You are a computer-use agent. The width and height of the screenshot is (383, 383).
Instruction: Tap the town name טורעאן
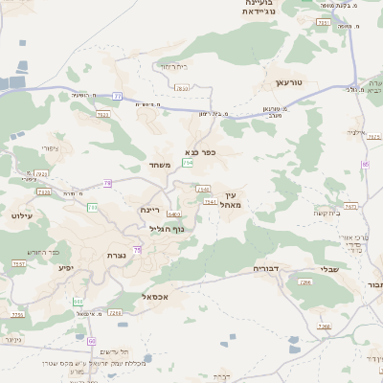click(288, 84)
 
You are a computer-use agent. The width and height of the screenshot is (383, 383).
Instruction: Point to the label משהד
click(160, 166)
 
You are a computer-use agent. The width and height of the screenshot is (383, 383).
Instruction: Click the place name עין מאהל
click(228, 199)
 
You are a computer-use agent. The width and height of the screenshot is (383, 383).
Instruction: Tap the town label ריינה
click(150, 210)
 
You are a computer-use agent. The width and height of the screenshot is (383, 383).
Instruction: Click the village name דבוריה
click(264, 268)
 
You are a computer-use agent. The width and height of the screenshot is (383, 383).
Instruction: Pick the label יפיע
click(65, 267)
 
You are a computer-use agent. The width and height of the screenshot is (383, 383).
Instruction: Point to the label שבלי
click(330, 268)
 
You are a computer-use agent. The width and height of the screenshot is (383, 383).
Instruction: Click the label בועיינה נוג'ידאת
click(260, 8)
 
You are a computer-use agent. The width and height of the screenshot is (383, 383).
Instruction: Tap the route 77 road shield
click(117, 96)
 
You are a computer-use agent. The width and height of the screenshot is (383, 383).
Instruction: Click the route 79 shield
click(108, 182)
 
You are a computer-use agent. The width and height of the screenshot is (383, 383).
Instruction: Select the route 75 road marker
click(137, 249)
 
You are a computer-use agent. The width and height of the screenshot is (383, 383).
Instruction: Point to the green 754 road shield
click(190, 165)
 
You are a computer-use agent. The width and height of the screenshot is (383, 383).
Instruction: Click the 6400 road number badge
click(173, 214)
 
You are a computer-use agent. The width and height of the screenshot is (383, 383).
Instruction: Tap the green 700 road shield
click(93, 207)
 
